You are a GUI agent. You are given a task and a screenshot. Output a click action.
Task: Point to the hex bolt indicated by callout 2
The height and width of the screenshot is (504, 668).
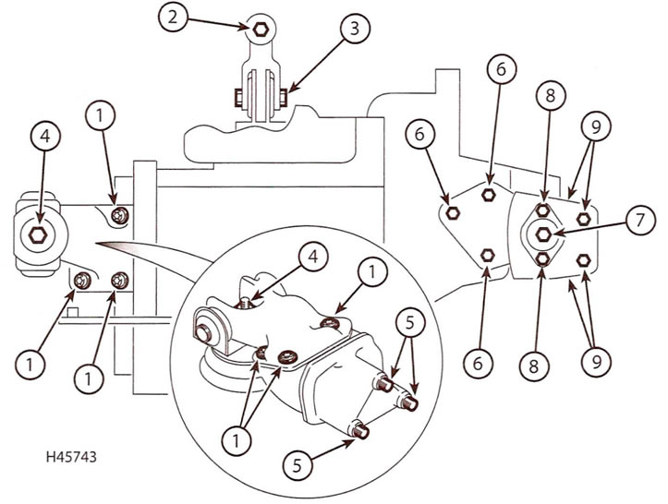click(x=261, y=29)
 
